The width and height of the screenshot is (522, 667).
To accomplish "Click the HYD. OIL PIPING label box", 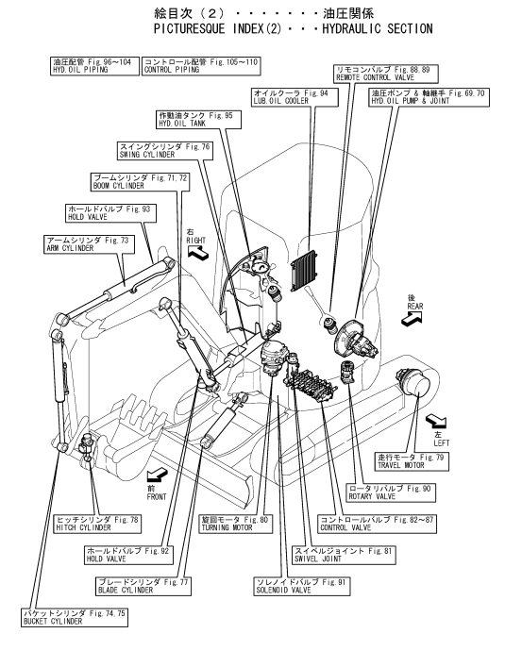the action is pos(94,66).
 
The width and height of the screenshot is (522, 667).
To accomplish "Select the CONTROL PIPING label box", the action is pos(201,66).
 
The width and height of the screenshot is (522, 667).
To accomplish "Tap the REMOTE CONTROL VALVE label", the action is pos(385,74).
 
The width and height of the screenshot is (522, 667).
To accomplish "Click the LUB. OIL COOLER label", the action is pos(295,97).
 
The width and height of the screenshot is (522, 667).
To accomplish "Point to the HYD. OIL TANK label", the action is pos(198,119).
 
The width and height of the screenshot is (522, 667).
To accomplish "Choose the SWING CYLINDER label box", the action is pos(165,151).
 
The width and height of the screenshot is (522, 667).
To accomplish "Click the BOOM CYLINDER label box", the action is pos(140,182).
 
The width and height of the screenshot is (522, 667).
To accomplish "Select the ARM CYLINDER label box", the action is pos(89,244).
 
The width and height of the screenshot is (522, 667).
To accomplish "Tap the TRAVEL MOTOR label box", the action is pos(413,461).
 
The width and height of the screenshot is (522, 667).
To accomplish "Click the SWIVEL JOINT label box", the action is pos(345,555).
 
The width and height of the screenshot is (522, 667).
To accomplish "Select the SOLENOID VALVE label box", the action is pos(302,586).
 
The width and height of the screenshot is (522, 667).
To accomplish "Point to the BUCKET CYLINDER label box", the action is pos(75,617).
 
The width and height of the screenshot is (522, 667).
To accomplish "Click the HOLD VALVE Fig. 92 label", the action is pos(129,555).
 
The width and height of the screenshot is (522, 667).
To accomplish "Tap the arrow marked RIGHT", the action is pos(198,253).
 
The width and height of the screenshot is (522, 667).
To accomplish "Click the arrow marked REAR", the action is pos(413,318).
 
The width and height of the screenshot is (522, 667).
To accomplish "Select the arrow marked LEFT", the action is pos(436,421).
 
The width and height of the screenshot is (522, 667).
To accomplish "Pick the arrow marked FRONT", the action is pos(157,475).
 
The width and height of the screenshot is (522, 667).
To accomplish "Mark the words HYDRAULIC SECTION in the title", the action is pos(378,29).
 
